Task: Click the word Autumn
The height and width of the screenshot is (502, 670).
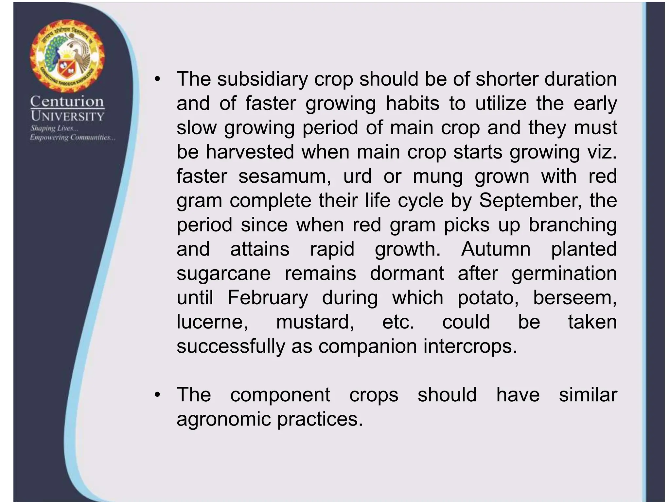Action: pyautogui.click(x=496, y=249)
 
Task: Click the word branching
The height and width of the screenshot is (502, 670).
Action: pyautogui.click(x=573, y=225)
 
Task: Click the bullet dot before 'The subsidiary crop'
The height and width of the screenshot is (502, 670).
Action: pyautogui.click(x=158, y=80)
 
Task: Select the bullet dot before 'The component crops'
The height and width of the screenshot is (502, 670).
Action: pyautogui.click(x=158, y=395)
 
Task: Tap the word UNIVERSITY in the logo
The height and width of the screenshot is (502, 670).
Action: pyautogui.click(x=67, y=116)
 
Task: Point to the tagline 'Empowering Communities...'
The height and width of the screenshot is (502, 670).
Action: pyautogui.click(x=72, y=137)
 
